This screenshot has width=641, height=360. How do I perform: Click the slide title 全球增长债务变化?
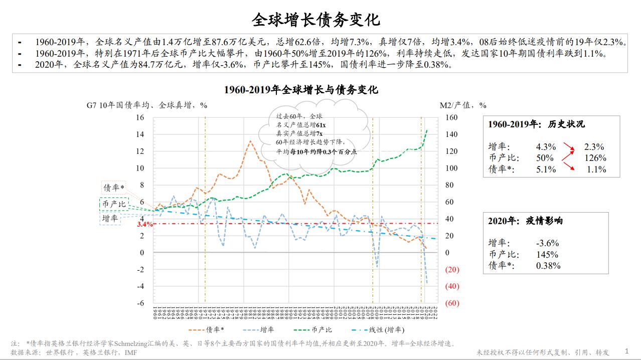[x=315, y=20]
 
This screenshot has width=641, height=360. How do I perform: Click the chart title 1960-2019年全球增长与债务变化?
[x=301, y=90]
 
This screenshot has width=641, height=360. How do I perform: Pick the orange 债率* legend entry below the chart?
[x=208, y=329]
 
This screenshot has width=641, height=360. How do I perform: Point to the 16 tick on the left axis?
[x=140, y=117]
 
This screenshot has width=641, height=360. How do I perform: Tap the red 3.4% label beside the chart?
[x=144, y=224]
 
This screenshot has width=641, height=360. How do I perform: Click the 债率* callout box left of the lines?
[x=113, y=188]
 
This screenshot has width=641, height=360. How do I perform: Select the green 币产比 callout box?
[x=114, y=204]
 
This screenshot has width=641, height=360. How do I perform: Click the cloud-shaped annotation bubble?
[x=313, y=134]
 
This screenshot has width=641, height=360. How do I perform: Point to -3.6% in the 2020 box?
[x=547, y=243]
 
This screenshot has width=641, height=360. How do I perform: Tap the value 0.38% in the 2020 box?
[x=548, y=266]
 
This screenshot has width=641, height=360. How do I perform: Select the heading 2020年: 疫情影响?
[x=525, y=221]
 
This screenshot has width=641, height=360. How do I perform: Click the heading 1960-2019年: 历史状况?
[x=536, y=124]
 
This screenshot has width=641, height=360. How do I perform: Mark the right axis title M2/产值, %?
[x=463, y=105]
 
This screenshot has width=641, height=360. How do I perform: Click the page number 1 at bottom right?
[x=626, y=351]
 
